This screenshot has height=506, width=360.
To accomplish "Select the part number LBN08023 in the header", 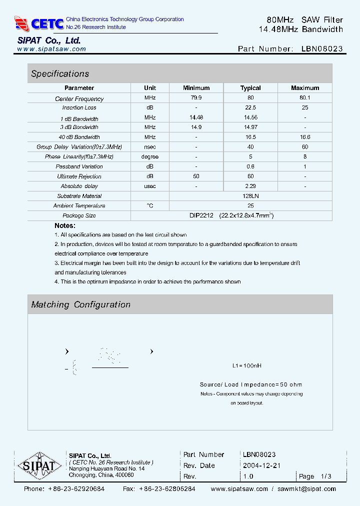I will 322,49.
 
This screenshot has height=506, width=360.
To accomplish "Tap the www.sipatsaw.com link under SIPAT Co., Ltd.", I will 51,49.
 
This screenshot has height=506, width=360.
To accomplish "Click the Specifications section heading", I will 60,74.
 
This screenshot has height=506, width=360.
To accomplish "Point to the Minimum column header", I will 196,88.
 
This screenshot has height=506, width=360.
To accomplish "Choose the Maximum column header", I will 305,88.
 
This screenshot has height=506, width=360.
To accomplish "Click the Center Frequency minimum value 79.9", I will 196,98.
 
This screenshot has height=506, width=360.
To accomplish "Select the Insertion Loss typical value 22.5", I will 250,107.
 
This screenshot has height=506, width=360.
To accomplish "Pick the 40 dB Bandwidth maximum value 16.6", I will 305,137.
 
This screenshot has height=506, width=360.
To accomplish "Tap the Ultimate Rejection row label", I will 79,176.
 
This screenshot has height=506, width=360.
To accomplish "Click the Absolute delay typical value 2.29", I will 250,186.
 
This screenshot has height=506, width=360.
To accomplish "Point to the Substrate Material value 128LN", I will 250,196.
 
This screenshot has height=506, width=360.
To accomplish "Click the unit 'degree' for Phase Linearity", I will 150,156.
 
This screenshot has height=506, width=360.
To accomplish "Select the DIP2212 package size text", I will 201,215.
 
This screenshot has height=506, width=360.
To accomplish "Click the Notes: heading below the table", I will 65,226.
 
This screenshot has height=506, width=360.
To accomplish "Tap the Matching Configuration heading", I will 80,304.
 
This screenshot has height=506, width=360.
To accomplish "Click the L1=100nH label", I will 247,365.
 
